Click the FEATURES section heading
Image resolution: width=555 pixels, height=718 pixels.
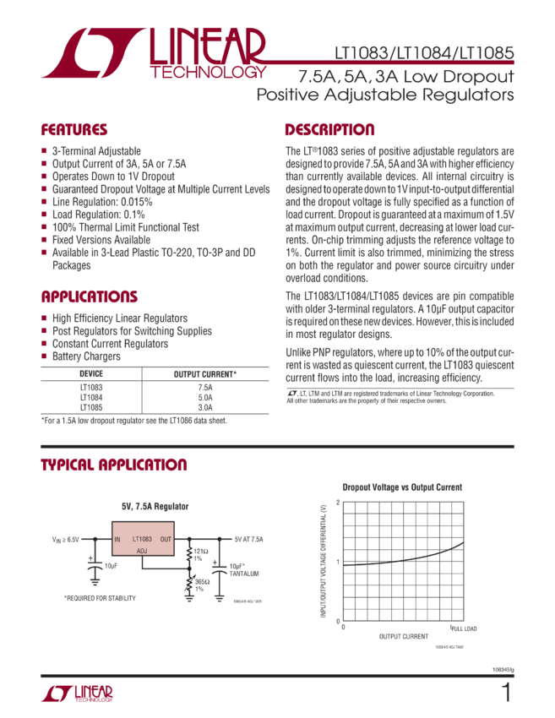pos(75,131)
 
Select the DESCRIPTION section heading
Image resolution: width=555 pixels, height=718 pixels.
pos(329,130)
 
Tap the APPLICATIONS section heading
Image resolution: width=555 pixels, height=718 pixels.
pos(90,296)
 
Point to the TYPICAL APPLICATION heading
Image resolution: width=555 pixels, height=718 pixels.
pos(115,465)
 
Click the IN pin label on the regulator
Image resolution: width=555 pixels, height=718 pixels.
pos(117,538)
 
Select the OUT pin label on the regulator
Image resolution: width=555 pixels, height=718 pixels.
pos(166,538)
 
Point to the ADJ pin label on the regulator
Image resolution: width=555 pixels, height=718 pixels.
pos(142,550)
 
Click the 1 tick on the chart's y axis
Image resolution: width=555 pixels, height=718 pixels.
pos(338,561)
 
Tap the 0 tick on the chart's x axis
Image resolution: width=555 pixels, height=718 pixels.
pos(343,628)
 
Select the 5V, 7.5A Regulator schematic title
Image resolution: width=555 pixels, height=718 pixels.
pos(155,506)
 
